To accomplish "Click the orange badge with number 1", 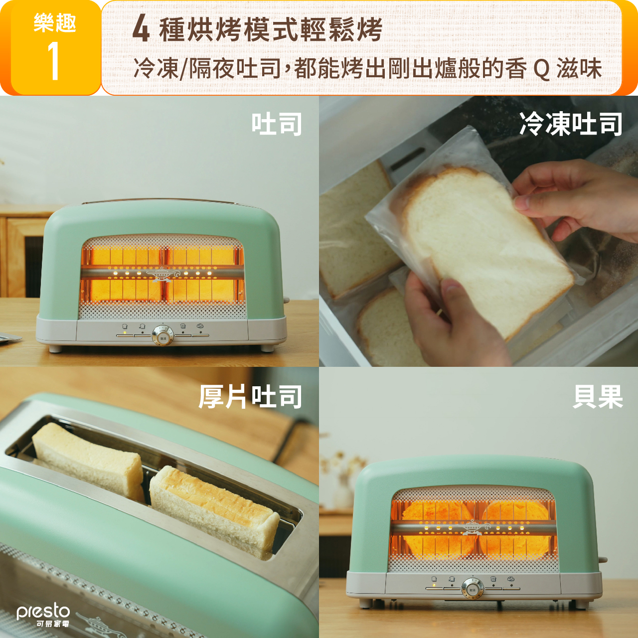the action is coord(55,48).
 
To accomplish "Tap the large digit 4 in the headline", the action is coord(141,31).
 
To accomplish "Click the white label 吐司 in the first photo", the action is coord(277,124).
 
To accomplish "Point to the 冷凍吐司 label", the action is coord(571,124).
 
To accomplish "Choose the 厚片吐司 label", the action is coord(250,396).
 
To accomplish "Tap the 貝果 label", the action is coord(598,396).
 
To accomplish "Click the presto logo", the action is coord(43,615).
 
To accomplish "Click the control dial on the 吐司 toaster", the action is coord(162,334).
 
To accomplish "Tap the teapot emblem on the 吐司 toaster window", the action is coord(162,274).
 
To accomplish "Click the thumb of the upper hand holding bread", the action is coord(533,203).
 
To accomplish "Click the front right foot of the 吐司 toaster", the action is coord(267,348).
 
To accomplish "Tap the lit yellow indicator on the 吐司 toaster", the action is coord(125,332).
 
